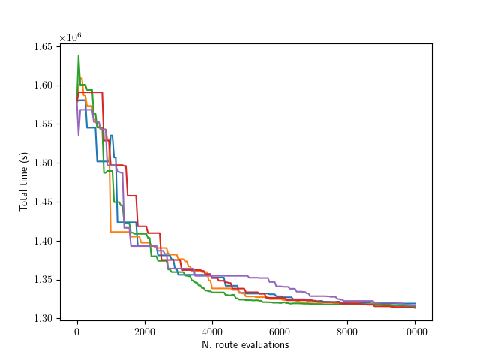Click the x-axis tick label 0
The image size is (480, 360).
pyautogui.click(x=77, y=332)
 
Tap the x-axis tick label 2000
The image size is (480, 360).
pyautogui.click(x=145, y=332)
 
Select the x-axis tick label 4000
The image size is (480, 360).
pyautogui.click(x=212, y=332)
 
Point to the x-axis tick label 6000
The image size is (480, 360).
pyautogui.click(x=280, y=332)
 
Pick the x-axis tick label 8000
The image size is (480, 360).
pyautogui.click(x=347, y=332)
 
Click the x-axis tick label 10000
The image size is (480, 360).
pyautogui.click(x=415, y=332)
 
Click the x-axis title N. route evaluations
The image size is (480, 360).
pyautogui.click(x=245, y=345)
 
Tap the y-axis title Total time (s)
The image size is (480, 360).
pyautogui.click(x=24, y=181)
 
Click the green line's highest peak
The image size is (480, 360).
pyautogui.click(x=78, y=55)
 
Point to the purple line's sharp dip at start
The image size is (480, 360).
pyautogui.click(x=79, y=135)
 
